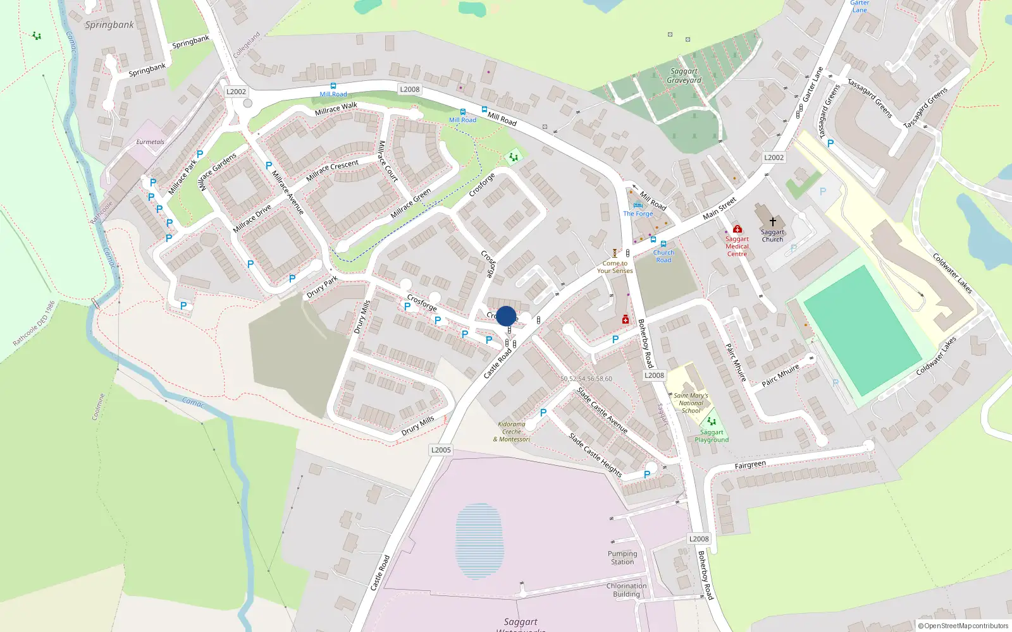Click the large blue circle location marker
(506, 316)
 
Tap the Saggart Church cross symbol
(772, 222)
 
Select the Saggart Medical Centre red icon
(737, 229)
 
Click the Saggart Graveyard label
(684, 76)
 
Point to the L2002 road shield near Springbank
(236, 92)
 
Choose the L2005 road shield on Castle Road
(441, 450)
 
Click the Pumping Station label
(622, 557)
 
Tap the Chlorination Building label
(626, 590)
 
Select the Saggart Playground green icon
(712, 422)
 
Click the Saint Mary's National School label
(691, 403)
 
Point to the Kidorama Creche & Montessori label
(512, 432)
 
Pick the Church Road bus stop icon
(663, 244)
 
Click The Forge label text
(638, 214)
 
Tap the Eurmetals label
(150, 142)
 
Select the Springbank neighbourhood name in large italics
(109, 25)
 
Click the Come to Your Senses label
(615, 267)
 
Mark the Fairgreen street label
(750, 465)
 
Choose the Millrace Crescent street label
(332, 170)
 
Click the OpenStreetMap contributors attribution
(963, 626)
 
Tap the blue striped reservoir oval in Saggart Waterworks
(479, 541)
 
